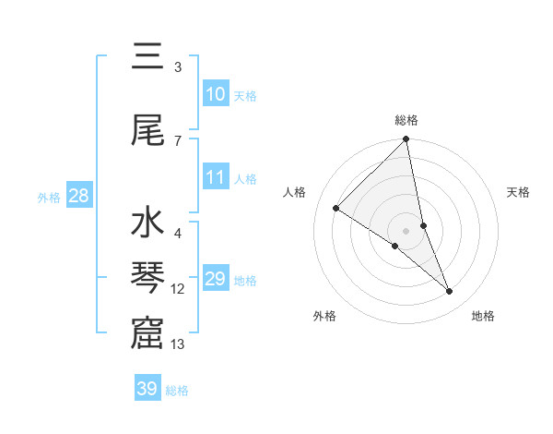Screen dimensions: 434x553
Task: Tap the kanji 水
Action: coord(147,225)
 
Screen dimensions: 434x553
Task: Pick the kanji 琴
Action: coord(147,278)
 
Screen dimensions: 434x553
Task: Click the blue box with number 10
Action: coord(215,94)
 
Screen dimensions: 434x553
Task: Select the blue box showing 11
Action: coord(215,177)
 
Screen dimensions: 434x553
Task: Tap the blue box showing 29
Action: coord(215,279)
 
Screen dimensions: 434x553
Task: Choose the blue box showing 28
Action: coord(78,196)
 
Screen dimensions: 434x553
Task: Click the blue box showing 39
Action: coord(147,389)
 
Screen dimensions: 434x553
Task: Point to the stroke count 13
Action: coord(178,344)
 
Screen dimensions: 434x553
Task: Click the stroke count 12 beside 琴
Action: coord(178,289)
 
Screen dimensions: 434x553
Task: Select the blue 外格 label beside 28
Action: coord(49,197)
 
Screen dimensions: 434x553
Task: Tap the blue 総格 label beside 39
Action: coord(177,391)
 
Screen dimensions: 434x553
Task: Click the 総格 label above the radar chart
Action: coord(406,120)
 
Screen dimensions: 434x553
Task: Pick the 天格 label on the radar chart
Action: coord(519,192)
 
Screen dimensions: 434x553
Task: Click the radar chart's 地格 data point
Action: coord(450,292)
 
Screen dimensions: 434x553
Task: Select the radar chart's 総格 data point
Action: coord(406,140)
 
